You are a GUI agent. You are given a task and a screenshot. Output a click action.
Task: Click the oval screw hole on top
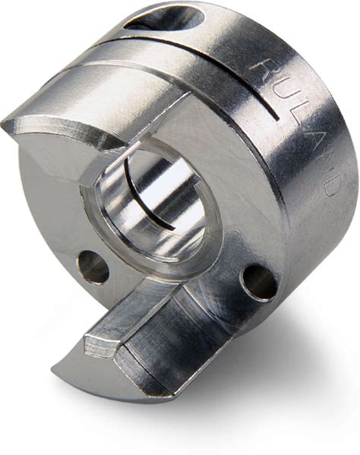[164, 18]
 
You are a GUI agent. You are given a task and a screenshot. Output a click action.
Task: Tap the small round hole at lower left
[93, 266]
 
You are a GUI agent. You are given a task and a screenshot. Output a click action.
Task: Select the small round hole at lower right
[259, 282]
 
